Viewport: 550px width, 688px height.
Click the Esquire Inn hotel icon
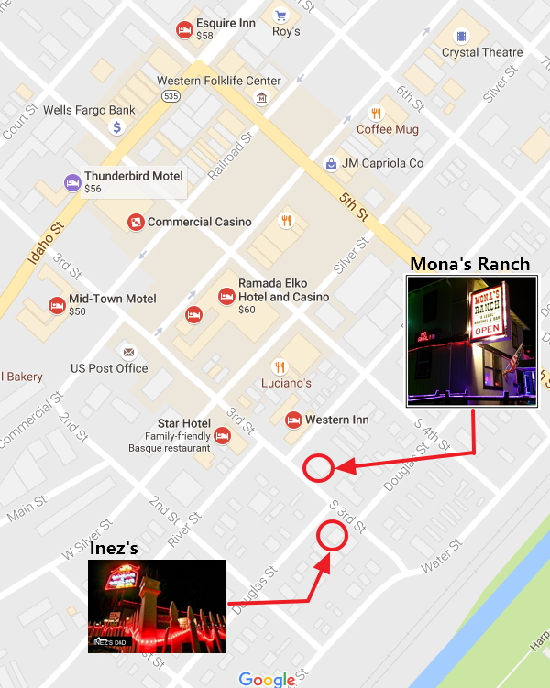point(184,30)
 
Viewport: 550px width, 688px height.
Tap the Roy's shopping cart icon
point(281,16)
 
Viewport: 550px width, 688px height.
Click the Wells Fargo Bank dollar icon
point(117,127)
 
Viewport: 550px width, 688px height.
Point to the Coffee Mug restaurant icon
point(376,114)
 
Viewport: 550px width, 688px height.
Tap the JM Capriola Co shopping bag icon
point(331,164)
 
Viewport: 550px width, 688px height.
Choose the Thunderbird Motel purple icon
point(71,181)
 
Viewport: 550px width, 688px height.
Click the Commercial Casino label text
point(199,222)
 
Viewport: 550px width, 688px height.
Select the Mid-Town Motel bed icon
point(57,304)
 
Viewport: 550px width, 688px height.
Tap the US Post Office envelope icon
point(128,352)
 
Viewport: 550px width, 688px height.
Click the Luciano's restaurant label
point(286,383)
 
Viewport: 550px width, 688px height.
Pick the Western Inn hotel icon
point(293,420)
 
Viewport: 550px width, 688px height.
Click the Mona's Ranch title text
point(469,264)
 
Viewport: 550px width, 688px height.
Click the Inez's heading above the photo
point(114,549)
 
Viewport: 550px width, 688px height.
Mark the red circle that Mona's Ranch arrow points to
point(318,468)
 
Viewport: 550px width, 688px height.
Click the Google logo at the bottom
point(267,679)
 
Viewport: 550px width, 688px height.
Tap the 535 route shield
point(170,95)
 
